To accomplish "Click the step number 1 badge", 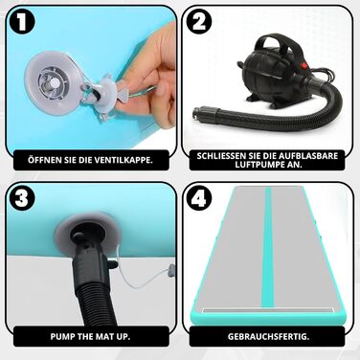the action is click(22, 23).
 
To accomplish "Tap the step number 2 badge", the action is click(199, 22).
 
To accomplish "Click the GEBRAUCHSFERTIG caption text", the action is click(268, 336).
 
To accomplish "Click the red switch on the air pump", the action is click(304, 67).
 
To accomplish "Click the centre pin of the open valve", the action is click(54, 84).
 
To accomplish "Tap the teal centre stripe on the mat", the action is click(267, 247).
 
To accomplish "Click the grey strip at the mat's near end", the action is click(267, 310).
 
